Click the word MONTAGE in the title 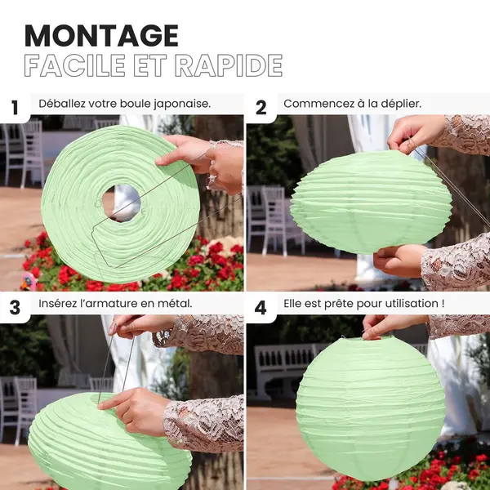click(101, 35)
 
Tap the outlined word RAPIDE click(229, 65)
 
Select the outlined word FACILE click(74, 65)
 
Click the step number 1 click(15, 108)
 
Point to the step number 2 click(261, 108)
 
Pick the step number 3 click(15, 308)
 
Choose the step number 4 click(261, 308)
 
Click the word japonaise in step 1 click(182, 104)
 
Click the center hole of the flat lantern click(121, 203)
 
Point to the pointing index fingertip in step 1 click(158, 162)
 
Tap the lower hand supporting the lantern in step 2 click(399, 261)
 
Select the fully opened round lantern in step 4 click(371, 408)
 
